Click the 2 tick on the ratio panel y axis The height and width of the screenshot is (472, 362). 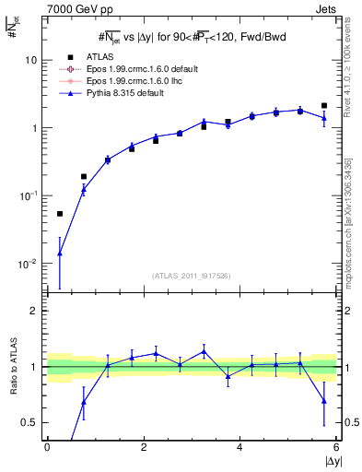33,312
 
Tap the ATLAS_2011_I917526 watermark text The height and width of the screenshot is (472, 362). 192,275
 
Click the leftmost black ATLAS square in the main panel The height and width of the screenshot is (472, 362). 60,214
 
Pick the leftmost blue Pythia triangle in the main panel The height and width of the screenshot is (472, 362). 60,253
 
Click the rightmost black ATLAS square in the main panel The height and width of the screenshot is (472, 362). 324,106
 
